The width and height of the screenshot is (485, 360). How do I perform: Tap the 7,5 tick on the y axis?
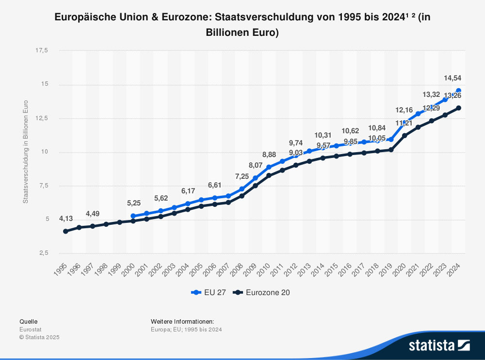point(43,186)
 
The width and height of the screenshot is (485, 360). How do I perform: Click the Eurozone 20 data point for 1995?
point(65,231)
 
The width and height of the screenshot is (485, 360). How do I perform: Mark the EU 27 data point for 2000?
point(133,216)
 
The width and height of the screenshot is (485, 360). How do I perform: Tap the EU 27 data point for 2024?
point(458,91)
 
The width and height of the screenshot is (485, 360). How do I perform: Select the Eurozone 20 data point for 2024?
point(458,108)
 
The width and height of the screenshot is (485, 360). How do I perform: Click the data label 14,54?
point(453,78)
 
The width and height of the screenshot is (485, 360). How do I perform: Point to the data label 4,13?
point(66,219)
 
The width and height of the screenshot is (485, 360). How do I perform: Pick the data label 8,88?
point(269,155)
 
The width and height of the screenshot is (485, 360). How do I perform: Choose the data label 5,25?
point(134,203)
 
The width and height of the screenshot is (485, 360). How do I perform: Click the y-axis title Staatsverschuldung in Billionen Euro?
point(26,151)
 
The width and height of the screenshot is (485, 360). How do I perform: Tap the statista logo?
point(439,345)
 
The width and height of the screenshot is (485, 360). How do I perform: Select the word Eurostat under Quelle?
point(30,329)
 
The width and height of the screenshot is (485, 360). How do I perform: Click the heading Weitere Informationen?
point(182,321)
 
